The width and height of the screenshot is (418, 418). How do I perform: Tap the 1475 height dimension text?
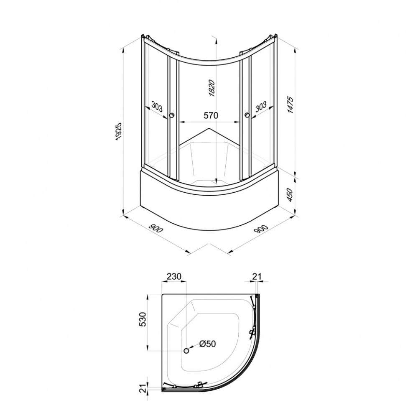[x=290, y=105]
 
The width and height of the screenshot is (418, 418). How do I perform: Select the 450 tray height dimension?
[x=291, y=195]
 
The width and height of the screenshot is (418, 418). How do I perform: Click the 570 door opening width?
[x=211, y=115]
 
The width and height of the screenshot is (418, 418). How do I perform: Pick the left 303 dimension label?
[x=157, y=107]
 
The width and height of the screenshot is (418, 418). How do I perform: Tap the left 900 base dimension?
[x=155, y=228]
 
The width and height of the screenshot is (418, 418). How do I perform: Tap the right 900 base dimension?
[x=261, y=229]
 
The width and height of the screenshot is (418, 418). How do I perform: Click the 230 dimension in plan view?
[x=174, y=276]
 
